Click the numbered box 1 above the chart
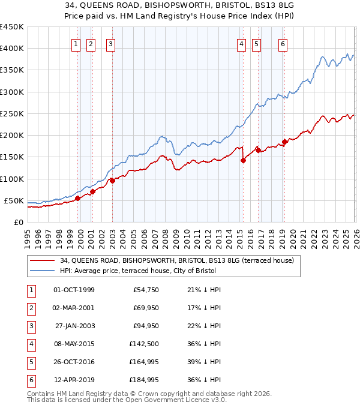click(x=77, y=44)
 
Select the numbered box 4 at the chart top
click(x=241, y=44)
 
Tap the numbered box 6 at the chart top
click(x=283, y=44)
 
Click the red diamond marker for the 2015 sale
click(x=243, y=160)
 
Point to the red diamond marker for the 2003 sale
click(x=112, y=181)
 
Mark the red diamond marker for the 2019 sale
click(x=284, y=142)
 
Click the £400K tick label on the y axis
click(x=11, y=49)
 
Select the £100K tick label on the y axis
click(x=11, y=179)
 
